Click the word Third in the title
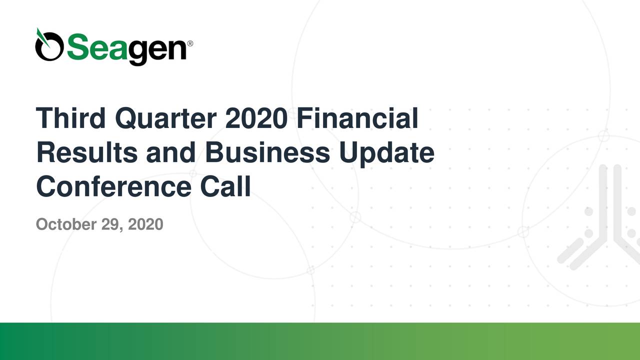click(x=70, y=118)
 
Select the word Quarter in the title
click(x=165, y=118)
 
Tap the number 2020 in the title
click(x=256, y=118)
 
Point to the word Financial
click(x=356, y=118)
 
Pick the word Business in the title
click(x=267, y=152)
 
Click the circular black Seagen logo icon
click(x=49, y=48)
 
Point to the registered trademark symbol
click(x=189, y=43)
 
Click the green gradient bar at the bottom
click(x=320, y=341)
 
